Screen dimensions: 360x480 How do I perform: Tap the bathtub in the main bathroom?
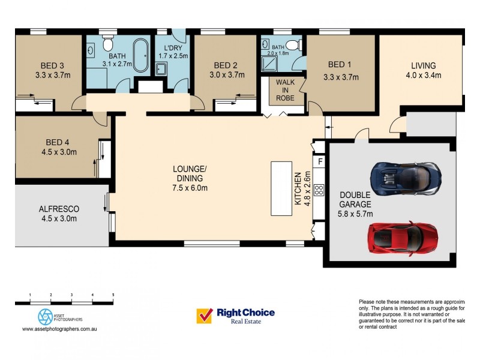(x=141, y=56)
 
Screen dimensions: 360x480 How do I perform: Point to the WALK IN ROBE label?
(x=285, y=90)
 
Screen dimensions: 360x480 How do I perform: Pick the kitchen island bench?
(x=281, y=188)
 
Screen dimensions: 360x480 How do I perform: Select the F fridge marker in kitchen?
(x=320, y=162)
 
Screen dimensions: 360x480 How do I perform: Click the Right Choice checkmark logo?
(x=205, y=316)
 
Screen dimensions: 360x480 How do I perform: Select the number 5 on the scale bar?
(x=113, y=295)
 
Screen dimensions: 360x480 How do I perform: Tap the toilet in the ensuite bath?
(x=292, y=44)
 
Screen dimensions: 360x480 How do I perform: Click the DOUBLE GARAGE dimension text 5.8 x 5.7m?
(x=356, y=213)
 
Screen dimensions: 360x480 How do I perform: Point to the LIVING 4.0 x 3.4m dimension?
(x=423, y=76)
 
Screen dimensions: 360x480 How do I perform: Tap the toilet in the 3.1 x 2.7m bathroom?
(x=107, y=44)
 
